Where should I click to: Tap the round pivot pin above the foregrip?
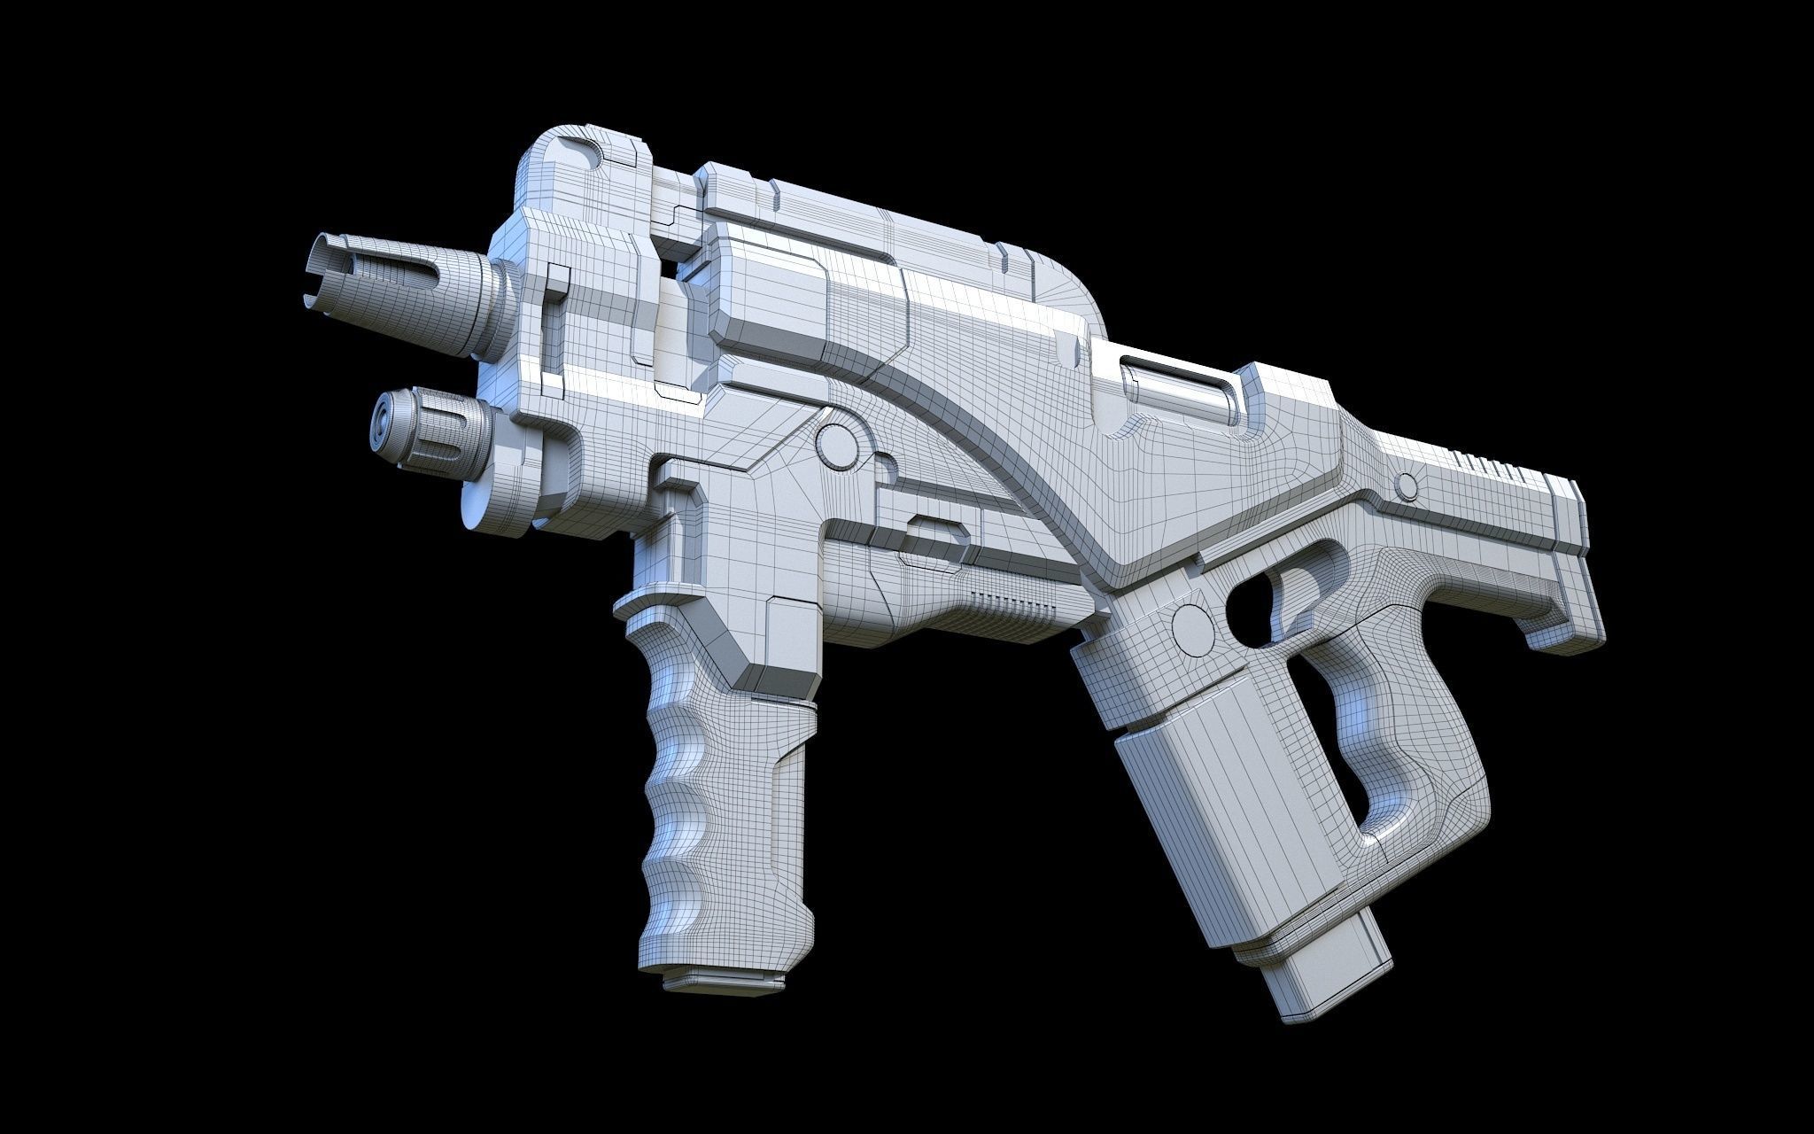[835, 444]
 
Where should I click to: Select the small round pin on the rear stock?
[1405, 485]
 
